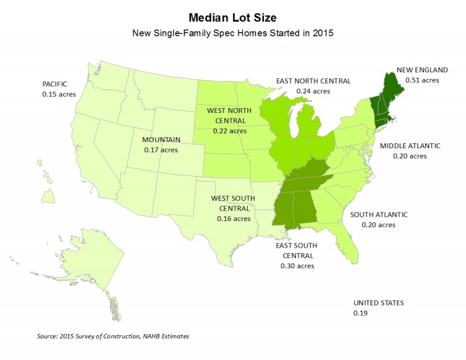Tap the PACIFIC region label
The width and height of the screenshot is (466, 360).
(55, 84)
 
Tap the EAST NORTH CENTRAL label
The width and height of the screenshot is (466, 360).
(312, 80)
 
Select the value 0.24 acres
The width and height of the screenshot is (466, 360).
(312, 90)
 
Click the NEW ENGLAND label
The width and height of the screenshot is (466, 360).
(422, 70)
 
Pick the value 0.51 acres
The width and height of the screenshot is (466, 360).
(422, 80)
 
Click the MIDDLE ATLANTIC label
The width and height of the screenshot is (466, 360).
(410, 146)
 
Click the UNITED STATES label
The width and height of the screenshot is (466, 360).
(379, 303)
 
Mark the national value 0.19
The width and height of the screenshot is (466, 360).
(360, 313)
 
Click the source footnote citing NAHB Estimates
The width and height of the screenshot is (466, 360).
(117, 336)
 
